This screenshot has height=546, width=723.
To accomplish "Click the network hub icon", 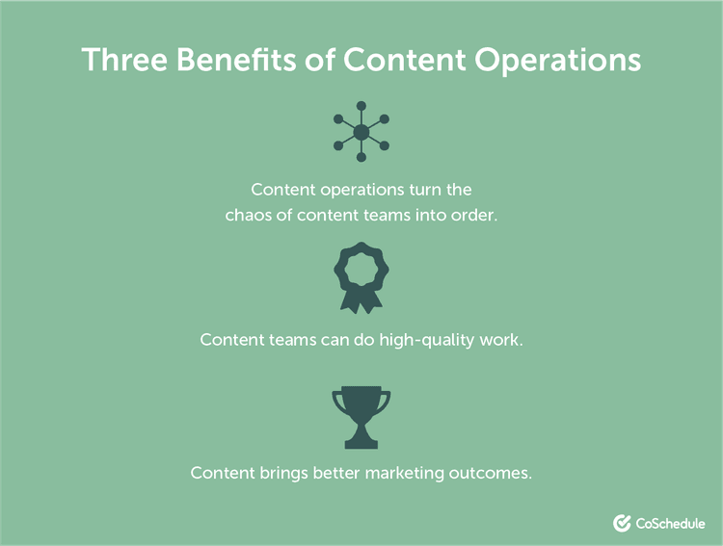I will tap(361, 132).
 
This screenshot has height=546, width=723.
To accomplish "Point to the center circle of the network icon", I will tap(361, 132).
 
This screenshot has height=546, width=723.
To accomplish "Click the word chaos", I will tap(251, 216).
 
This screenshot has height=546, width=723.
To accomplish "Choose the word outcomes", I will tap(491, 473).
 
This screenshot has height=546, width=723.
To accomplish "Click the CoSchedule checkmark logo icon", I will tap(622, 523).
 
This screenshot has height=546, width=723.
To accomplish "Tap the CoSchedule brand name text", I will tap(671, 523).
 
